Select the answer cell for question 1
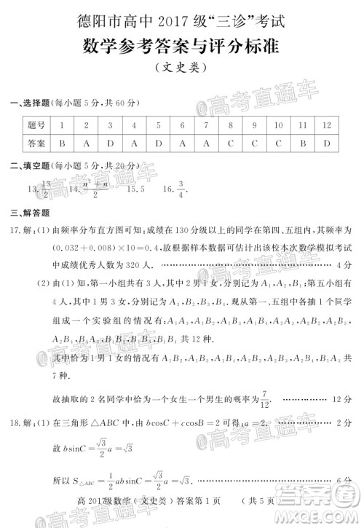(x=63, y=143)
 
